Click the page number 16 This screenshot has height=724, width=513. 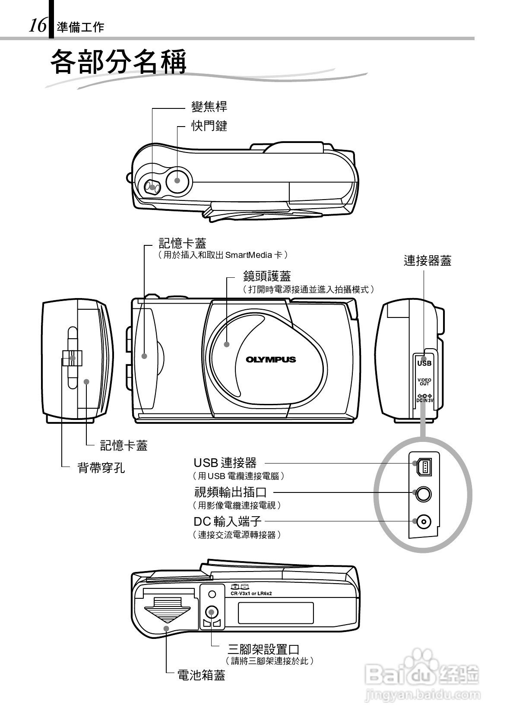pyautogui.click(x=38, y=26)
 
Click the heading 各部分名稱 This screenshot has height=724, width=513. pyautogui.click(x=119, y=63)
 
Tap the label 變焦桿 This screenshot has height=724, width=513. pyautogui.click(x=209, y=107)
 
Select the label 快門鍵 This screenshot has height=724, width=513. pyautogui.click(x=209, y=126)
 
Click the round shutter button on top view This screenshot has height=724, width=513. pyautogui.click(x=177, y=180)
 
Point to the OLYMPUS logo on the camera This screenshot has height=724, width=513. pyautogui.click(x=271, y=359)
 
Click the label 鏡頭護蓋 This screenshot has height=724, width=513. pyautogui.click(x=267, y=276)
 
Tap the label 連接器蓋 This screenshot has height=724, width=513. pyautogui.click(x=427, y=261)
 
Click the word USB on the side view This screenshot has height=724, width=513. pyautogui.click(x=424, y=363)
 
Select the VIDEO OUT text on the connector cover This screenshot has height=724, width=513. pyautogui.click(x=424, y=382)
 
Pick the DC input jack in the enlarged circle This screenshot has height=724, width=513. pyautogui.click(x=424, y=522)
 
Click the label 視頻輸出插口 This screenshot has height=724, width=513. pyautogui.click(x=230, y=492)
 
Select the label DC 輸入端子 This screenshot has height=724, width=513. pyautogui.click(x=227, y=521)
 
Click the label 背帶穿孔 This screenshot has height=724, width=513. pyautogui.click(x=101, y=467)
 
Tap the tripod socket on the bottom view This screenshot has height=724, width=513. pyautogui.click(x=211, y=611)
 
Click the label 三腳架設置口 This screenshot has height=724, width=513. pyautogui.click(x=263, y=649)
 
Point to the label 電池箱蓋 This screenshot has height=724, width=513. pyautogui.click(x=201, y=675)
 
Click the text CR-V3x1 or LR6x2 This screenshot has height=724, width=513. pyautogui.click(x=251, y=594)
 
